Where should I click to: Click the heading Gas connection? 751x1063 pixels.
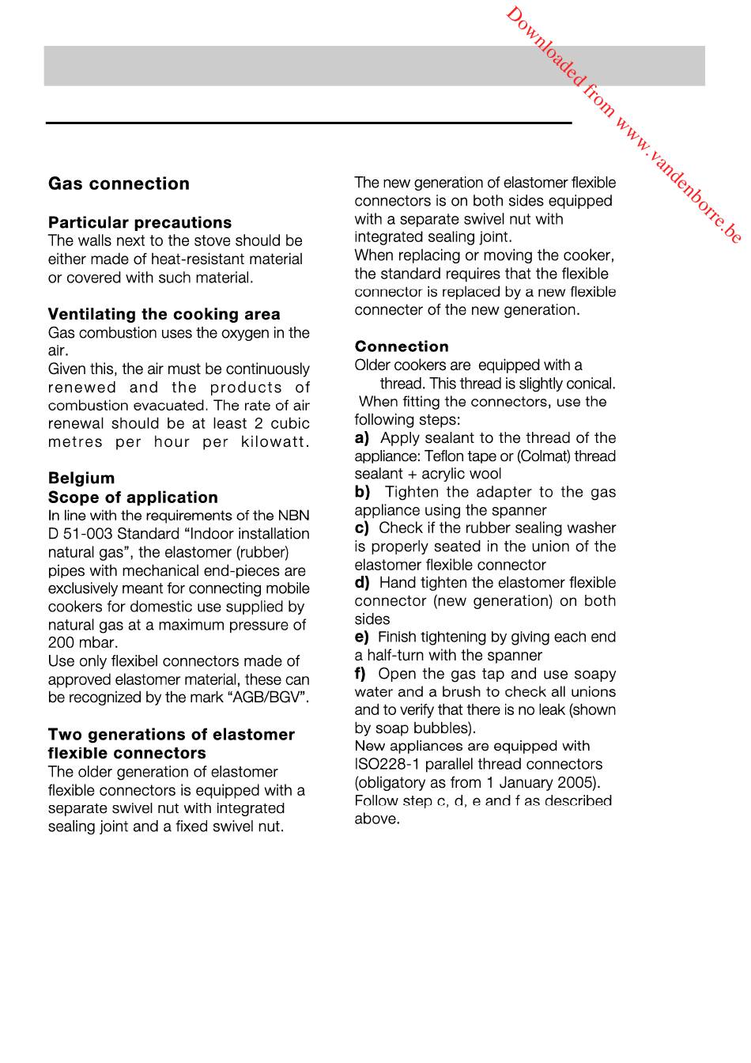click(119, 183)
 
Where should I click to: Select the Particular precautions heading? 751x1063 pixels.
click(140, 222)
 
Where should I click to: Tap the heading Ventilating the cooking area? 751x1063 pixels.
click(164, 314)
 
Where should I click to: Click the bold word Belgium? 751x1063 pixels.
click(81, 478)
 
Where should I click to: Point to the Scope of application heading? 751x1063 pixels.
click(133, 497)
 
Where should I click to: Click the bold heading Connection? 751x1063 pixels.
click(402, 346)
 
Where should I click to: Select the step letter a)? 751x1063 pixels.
click(362, 437)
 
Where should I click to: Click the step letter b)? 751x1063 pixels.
click(362, 492)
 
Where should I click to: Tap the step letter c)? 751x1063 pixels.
click(362, 528)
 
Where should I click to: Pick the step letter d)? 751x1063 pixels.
click(362, 583)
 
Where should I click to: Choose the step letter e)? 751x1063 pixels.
click(362, 637)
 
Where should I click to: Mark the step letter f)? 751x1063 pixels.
click(360, 674)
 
